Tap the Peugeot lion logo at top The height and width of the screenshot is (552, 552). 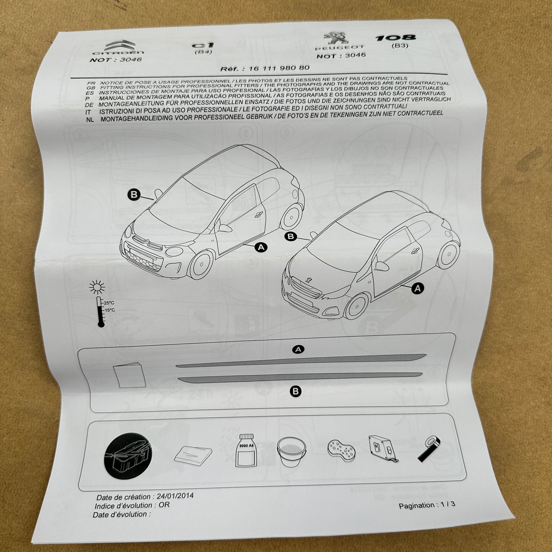[x=335, y=40]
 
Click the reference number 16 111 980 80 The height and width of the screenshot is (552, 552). [x=279, y=68]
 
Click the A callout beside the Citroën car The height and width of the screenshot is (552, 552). [x=261, y=248]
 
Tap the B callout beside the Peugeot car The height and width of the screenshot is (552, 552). [x=291, y=236]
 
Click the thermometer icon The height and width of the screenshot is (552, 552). [x=100, y=311]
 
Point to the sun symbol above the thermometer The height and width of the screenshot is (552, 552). [x=97, y=287]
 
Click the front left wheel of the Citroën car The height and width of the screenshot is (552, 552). [x=202, y=263]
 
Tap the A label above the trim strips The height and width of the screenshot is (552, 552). [x=298, y=349]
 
